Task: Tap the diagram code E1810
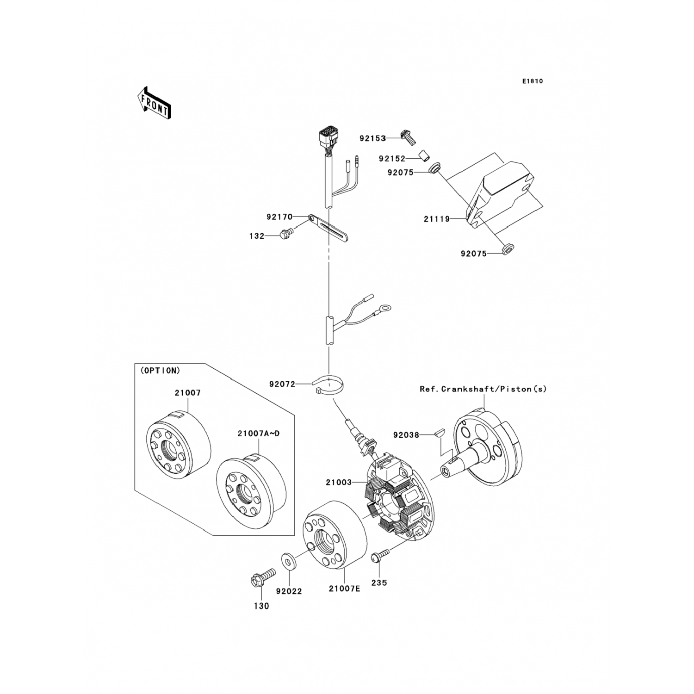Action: pos(533,81)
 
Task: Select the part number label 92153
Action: pos(373,138)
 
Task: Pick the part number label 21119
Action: pos(437,219)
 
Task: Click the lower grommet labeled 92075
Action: pos(509,250)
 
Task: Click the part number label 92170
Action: pos(279,217)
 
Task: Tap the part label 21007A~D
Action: pos(258,434)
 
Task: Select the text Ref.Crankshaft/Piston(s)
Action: pos(483,389)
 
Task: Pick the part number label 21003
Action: pos(339,482)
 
